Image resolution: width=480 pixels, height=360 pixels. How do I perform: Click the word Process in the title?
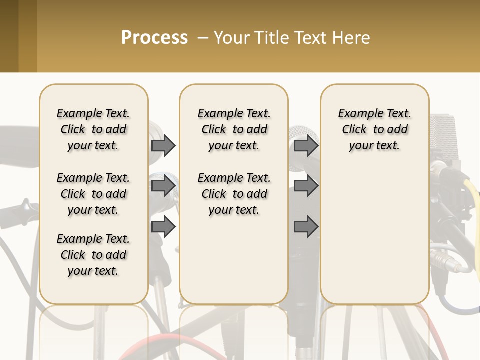coord(154,37)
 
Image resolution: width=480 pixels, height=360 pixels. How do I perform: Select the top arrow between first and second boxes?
coord(163,145)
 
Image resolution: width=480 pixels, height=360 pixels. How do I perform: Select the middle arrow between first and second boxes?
coord(163,186)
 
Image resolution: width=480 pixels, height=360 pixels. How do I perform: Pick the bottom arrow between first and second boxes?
coord(163,227)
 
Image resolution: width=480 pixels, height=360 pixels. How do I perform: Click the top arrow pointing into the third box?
coord(306,145)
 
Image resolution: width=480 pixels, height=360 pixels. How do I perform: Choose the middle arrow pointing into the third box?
coord(306,186)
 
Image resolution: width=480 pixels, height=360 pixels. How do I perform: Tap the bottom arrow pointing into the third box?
coord(306,227)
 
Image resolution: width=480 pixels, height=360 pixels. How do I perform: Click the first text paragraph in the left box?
coord(93,129)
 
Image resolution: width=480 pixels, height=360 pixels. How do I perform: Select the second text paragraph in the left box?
coord(93,194)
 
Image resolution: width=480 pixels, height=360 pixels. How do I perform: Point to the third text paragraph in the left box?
coord(93,255)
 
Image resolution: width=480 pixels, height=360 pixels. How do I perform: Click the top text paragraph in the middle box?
coord(234,129)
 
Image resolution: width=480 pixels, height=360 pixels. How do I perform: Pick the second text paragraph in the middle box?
coord(234,194)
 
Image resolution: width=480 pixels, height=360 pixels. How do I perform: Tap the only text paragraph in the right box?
coord(374,129)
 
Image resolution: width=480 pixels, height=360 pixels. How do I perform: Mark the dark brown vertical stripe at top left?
coord(9,36)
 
